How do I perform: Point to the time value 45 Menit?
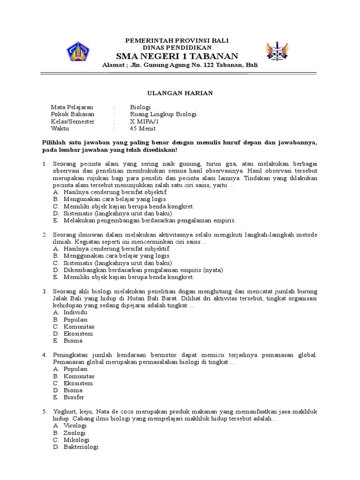pyautogui.click(x=143, y=128)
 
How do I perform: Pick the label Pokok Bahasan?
pyautogui.click(x=72, y=114)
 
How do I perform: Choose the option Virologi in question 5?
pyautogui.click(x=75, y=426)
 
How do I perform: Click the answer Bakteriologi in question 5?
pyautogui.click(x=81, y=447)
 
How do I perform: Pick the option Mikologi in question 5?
pyautogui.click(x=76, y=440)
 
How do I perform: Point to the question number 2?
pyautogui.click(x=44, y=234)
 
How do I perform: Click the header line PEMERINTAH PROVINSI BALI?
pyautogui.click(x=180, y=40)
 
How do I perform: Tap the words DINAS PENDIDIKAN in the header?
pyautogui.click(x=180, y=47)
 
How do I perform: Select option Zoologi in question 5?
pyautogui.click(x=75, y=433)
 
